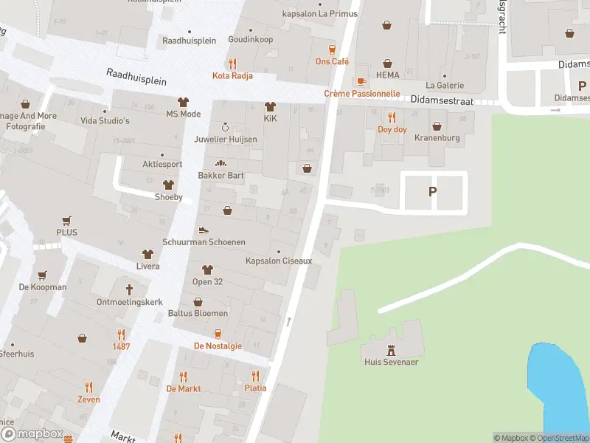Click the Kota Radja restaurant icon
coord(233,63)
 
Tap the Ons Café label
coord(332,61)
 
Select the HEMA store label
coord(387,75)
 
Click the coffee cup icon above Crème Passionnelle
coord(361,81)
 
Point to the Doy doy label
coord(392,129)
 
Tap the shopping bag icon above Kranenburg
coord(437,126)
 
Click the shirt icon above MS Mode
coord(183,102)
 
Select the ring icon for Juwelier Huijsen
coord(226,126)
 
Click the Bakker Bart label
coord(221,176)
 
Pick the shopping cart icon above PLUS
coord(66,220)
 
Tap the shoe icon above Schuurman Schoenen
coord(204,230)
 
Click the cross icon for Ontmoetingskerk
coord(129,289)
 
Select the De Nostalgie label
coord(218,346)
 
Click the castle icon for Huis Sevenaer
coord(391,349)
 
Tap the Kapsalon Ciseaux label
coord(279,261)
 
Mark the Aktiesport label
coord(162,164)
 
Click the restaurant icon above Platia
coord(255,375)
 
